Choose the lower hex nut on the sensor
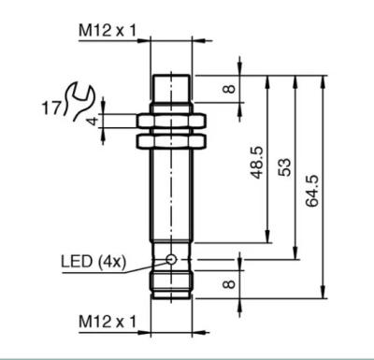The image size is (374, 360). click(x=170, y=139)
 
